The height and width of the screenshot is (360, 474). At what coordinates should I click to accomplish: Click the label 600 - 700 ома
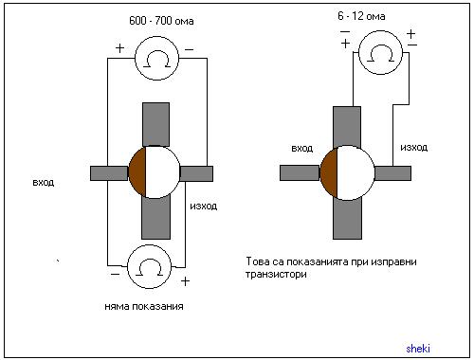[161, 21]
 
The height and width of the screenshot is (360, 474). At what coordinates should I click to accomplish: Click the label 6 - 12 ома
[361, 16]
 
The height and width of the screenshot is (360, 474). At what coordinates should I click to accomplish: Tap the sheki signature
[418, 349]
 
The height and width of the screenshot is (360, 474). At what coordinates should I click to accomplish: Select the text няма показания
[144, 306]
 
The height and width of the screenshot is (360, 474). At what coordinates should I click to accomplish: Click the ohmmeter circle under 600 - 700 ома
[157, 58]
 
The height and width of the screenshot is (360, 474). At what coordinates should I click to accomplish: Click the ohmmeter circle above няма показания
[149, 267]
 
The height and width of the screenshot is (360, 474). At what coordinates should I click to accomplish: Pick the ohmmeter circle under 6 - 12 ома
[380, 52]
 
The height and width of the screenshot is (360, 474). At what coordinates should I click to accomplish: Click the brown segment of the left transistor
[137, 172]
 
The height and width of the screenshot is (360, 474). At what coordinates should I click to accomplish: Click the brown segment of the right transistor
[329, 173]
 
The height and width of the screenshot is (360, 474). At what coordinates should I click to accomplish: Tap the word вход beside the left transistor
[44, 182]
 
